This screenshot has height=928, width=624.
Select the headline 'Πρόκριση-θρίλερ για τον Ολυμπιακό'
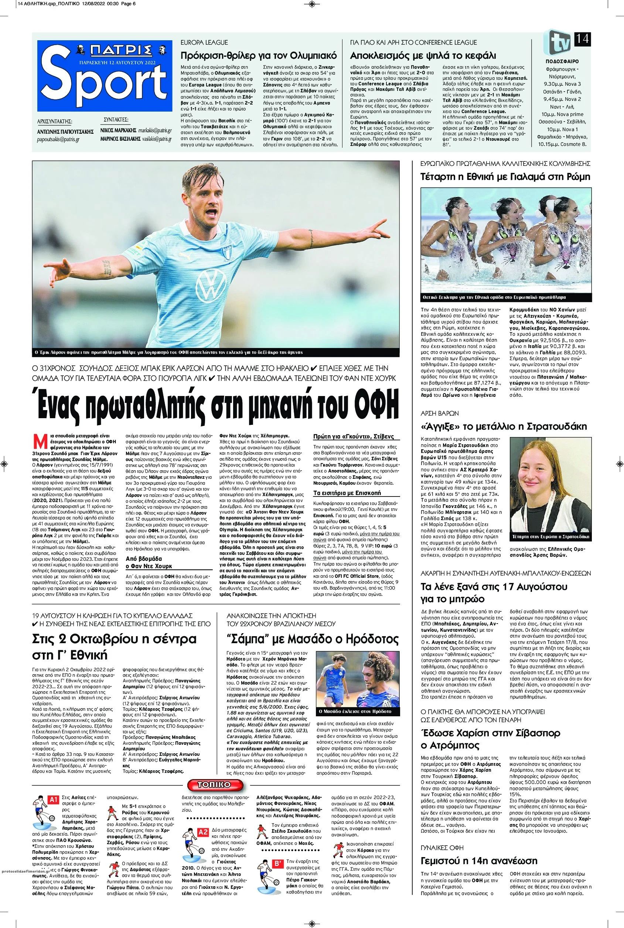(259, 55)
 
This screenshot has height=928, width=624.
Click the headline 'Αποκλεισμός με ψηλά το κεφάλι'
(423, 55)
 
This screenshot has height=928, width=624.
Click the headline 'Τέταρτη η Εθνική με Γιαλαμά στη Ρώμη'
(505, 177)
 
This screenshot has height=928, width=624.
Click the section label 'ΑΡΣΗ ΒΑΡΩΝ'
(440, 413)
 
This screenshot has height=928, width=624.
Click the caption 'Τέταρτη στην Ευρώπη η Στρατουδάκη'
(551, 537)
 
